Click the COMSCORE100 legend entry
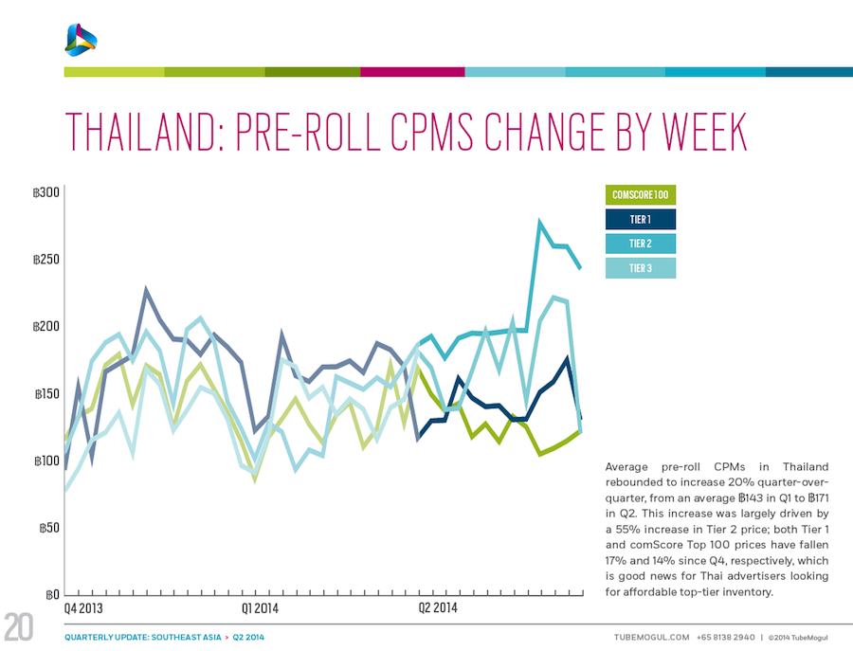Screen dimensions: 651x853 [640, 195]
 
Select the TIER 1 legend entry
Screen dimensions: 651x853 [640, 220]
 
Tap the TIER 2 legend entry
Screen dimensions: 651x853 [640, 244]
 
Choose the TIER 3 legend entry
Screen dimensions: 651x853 [640, 268]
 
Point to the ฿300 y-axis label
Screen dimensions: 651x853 [45, 193]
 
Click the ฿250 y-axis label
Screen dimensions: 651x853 [45, 260]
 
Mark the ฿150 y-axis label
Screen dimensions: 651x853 [45, 394]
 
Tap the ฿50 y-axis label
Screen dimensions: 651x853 [47, 528]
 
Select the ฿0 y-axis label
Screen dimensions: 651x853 [52, 595]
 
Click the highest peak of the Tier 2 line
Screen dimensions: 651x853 [539, 224]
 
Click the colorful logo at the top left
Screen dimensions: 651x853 [82, 37]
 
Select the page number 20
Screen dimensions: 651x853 [20, 628]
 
